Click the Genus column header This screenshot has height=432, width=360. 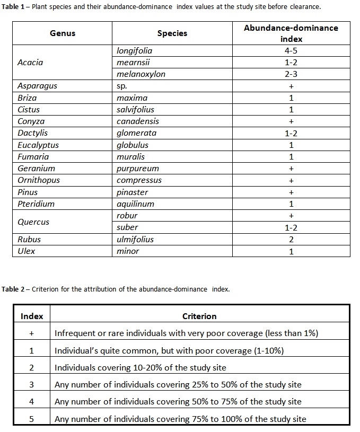pyautogui.click(x=63, y=33)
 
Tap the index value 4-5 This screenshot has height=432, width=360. pyautogui.click(x=291, y=51)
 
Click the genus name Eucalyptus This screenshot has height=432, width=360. pyautogui.click(x=38, y=145)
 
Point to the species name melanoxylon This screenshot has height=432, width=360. pyautogui.click(x=141, y=74)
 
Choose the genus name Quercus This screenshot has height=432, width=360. pyautogui.click(x=33, y=222)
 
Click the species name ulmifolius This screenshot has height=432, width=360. pyautogui.click(x=135, y=239)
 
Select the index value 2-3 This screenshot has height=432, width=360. pyautogui.click(x=291, y=74)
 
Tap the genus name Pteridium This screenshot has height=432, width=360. pyautogui.click(x=36, y=204)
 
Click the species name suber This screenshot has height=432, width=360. pyautogui.click(x=127, y=227)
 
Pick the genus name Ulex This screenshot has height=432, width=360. pyautogui.click(x=27, y=251)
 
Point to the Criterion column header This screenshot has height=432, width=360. pyautogui.click(x=199, y=316)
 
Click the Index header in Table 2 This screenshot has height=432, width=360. pyautogui.click(x=32, y=316)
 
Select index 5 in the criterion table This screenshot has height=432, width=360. pyautogui.click(x=32, y=419)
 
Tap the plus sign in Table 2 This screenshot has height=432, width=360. pyautogui.click(x=32, y=333)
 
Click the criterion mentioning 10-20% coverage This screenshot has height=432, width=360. pyautogui.click(x=141, y=367)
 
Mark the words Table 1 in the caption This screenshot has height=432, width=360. pyautogui.click(x=14, y=6)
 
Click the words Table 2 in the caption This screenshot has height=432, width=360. pyautogui.click(x=14, y=289)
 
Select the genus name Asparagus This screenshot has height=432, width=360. pyautogui.click(x=37, y=86)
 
